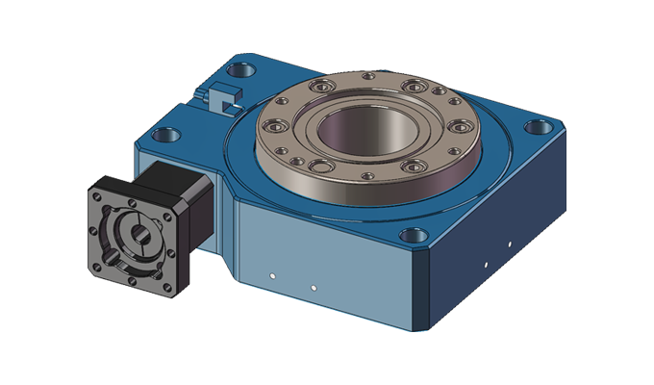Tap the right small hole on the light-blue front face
(314, 286)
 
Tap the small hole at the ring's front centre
(365, 176)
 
